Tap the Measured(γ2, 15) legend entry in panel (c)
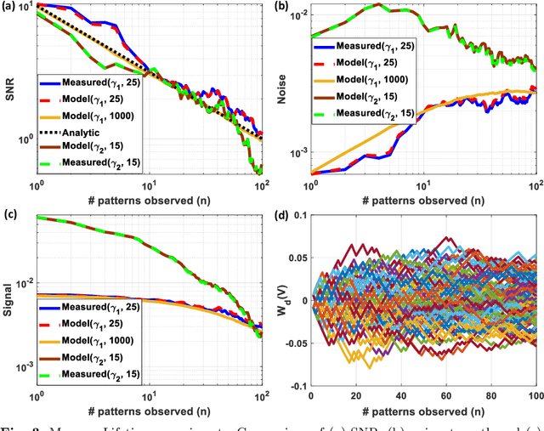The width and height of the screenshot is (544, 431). pos(97,374)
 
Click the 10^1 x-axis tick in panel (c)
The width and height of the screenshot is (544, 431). pos(149,396)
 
